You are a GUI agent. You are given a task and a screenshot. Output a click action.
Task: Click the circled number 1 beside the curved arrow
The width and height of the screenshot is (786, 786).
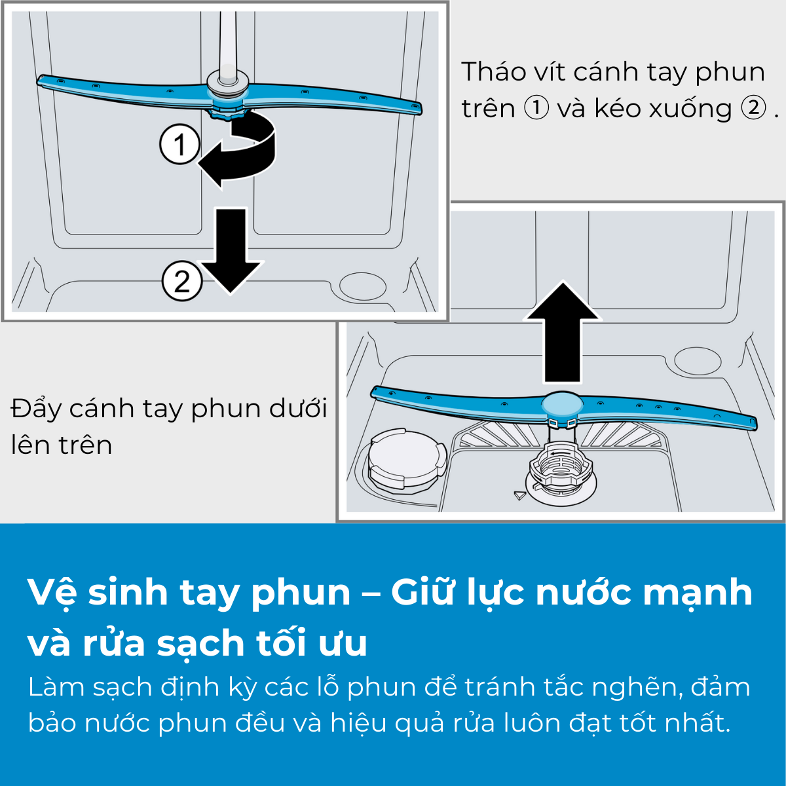click(x=179, y=144)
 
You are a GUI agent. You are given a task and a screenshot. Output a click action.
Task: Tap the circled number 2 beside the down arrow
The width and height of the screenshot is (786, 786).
click(x=182, y=280)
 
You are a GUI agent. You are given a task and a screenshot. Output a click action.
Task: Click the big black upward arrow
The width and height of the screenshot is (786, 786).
click(x=562, y=331)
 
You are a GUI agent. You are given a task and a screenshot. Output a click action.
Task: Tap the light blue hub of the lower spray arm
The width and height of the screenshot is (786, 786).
click(x=562, y=403)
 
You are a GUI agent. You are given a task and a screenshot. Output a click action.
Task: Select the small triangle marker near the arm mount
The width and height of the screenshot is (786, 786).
click(x=519, y=495)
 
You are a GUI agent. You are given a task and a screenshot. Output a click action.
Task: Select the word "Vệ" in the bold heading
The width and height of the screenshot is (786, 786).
click(x=52, y=593)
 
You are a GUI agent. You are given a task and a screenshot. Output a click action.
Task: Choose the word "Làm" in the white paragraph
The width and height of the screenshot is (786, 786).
click(x=56, y=686)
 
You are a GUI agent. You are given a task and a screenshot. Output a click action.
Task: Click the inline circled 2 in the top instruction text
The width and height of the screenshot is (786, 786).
click(x=753, y=108)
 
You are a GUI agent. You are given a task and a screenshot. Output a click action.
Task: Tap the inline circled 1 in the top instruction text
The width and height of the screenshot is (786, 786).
click(x=536, y=108)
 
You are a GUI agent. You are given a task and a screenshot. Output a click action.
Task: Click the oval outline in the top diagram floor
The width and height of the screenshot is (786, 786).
click(x=363, y=287)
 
